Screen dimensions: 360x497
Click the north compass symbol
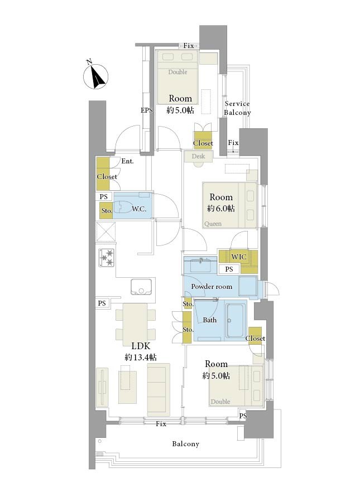click(x=96, y=76)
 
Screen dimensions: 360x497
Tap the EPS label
click(x=147, y=110)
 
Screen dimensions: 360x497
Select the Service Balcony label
click(x=237, y=108)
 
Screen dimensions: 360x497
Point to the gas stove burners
click(x=106, y=257)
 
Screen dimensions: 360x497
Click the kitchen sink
click(x=141, y=287)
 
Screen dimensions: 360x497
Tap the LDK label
click(x=141, y=346)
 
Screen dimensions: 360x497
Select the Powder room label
click(x=212, y=287)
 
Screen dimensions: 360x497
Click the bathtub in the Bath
click(x=235, y=320)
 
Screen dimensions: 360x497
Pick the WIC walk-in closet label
click(x=238, y=257)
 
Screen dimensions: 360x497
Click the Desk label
click(x=198, y=156)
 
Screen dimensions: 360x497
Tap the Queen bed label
click(x=213, y=224)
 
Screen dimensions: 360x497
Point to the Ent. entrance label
click(x=127, y=161)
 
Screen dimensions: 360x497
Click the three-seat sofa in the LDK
click(x=159, y=389)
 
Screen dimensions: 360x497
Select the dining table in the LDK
click(x=135, y=324)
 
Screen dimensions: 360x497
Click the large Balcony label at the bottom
click(x=185, y=444)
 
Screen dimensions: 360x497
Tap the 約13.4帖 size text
click(x=141, y=357)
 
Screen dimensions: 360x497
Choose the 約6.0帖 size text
click(x=221, y=208)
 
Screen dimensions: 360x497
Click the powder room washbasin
click(x=200, y=265)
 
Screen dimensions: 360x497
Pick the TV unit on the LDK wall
click(x=102, y=387)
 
